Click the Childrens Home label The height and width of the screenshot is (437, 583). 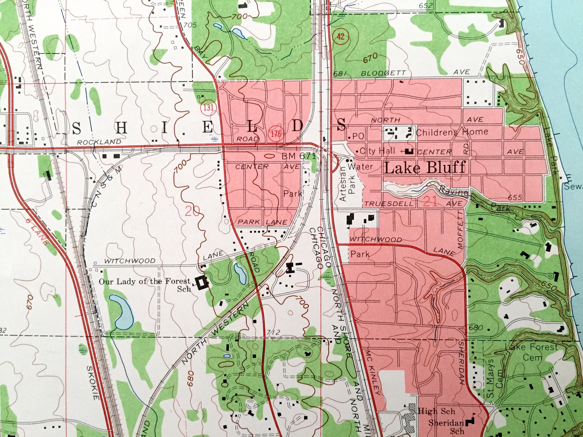(x=452, y=132)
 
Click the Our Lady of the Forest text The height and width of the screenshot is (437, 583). (x=144, y=282)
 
